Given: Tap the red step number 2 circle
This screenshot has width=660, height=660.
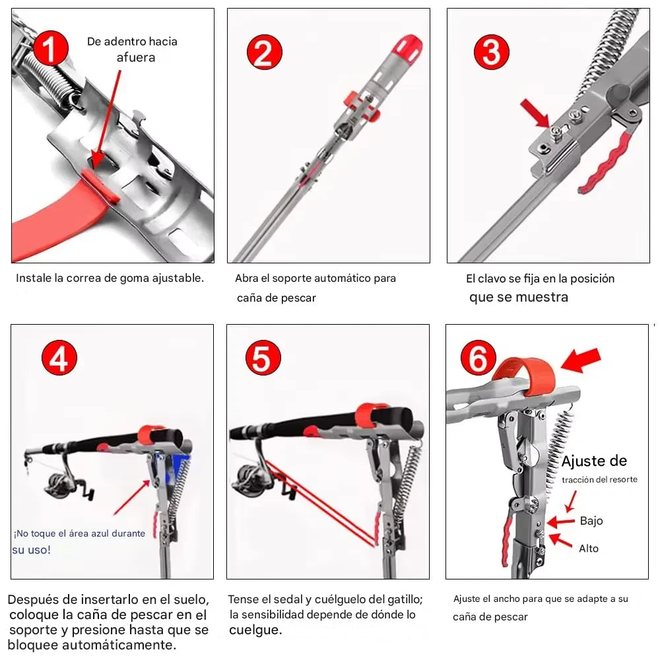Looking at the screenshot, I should (x=264, y=52).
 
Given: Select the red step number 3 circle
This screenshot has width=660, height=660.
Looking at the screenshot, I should (x=492, y=51).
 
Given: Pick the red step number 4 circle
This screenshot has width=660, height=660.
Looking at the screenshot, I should (x=59, y=359).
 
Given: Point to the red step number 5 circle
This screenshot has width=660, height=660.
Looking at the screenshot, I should (x=263, y=359).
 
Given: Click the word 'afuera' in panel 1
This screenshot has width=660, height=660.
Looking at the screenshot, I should (x=136, y=57).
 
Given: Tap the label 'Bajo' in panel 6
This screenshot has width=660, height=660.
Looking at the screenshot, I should (x=591, y=521).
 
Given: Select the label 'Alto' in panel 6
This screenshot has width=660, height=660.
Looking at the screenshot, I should (x=589, y=548).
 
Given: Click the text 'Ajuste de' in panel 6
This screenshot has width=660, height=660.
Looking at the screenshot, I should (x=594, y=461).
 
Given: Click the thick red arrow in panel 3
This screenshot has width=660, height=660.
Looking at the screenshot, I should (x=535, y=112).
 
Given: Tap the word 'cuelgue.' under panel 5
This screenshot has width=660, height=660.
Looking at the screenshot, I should (x=255, y=630).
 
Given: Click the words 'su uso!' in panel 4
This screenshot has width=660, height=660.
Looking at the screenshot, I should (x=31, y=550).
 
